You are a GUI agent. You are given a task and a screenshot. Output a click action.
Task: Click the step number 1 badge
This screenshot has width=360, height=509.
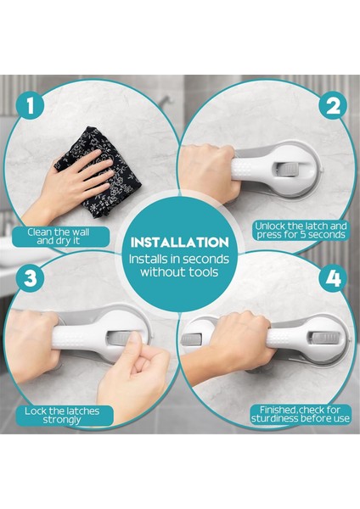[x=31, y=106]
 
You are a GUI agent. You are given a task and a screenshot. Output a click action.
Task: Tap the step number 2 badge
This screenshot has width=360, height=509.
[x=332, y=106]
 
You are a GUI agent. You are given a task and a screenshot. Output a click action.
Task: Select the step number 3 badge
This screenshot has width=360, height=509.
[x=31, y=278]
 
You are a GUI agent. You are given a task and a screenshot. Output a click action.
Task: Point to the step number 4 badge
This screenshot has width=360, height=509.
[x=334, y=278]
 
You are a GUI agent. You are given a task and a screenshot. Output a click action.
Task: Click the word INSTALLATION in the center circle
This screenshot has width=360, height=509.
[x=180, y=243]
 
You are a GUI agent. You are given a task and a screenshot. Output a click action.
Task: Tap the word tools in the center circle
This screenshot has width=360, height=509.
[x=204, y=272]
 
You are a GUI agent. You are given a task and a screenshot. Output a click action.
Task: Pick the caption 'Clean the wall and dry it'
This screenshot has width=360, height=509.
[x=59, y=237]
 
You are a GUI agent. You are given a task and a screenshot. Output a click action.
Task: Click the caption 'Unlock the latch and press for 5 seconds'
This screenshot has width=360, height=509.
[x=301, y=231]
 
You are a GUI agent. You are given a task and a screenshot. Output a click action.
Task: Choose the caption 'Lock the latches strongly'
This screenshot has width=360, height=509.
[x=62, y=416]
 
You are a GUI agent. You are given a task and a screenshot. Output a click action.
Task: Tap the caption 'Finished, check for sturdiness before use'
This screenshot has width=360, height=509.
[x=301, y=415]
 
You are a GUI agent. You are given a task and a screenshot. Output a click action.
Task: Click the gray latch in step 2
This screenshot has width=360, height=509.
[x=287, y=169]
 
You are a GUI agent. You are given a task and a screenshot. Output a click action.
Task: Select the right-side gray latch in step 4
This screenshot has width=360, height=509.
[x=323, y=338]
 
